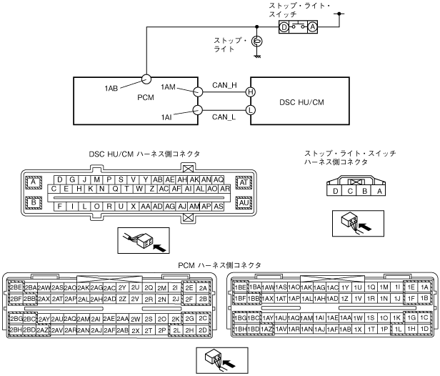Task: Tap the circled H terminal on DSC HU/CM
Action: [x=250, y=91]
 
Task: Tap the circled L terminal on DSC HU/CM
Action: [x=250, y=110]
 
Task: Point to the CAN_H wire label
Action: [x=224, y=85]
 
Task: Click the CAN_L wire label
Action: [x=224, y=117]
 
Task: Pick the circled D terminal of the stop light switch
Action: [x=284, y=26]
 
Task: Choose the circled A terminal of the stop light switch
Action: [x=311, y=26]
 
